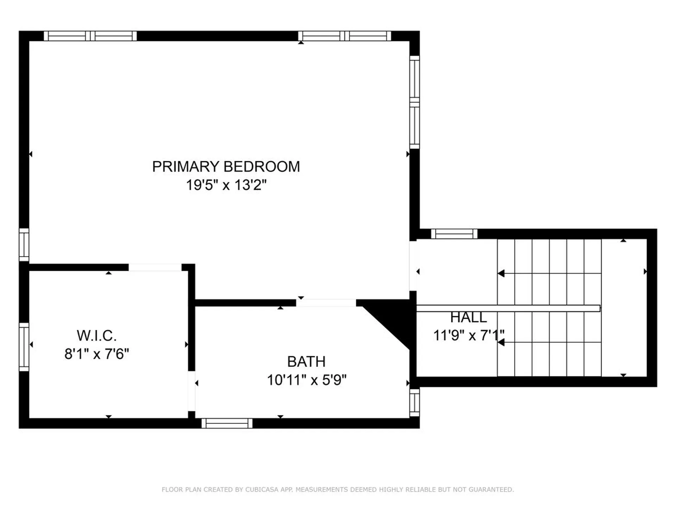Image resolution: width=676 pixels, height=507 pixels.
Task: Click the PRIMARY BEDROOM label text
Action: tap(226, 167)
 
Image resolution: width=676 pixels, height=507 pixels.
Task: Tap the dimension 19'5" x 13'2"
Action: tap(226, 185)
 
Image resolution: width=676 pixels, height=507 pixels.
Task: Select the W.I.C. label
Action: tap(96, 336)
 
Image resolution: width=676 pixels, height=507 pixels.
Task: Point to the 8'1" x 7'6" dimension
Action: tap(96, 353)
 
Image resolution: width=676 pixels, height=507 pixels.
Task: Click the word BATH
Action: tap(306, 362)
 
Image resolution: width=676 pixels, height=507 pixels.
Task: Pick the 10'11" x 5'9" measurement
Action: tap(306, 380)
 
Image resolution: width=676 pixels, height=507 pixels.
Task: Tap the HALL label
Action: tap(468, 318)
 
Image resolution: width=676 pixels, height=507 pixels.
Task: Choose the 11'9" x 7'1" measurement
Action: tap(468, 335)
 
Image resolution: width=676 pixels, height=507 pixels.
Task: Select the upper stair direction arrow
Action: tap(501, 273)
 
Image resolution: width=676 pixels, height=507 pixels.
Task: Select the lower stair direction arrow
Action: tap(501, 342)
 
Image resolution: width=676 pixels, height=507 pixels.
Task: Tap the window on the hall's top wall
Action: tap(454, 234)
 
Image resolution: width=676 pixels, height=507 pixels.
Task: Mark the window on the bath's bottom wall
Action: tap(227, 423)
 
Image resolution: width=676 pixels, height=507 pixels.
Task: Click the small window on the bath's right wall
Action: tap(414, 402)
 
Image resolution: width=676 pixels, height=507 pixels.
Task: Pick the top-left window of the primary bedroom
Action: tap(90, 36)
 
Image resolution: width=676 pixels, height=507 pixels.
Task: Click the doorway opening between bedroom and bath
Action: tap(326, 303)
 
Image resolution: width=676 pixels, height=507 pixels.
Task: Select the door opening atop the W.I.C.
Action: tap(155, 267)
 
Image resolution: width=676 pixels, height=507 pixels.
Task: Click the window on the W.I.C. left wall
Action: tap(24, 347)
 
